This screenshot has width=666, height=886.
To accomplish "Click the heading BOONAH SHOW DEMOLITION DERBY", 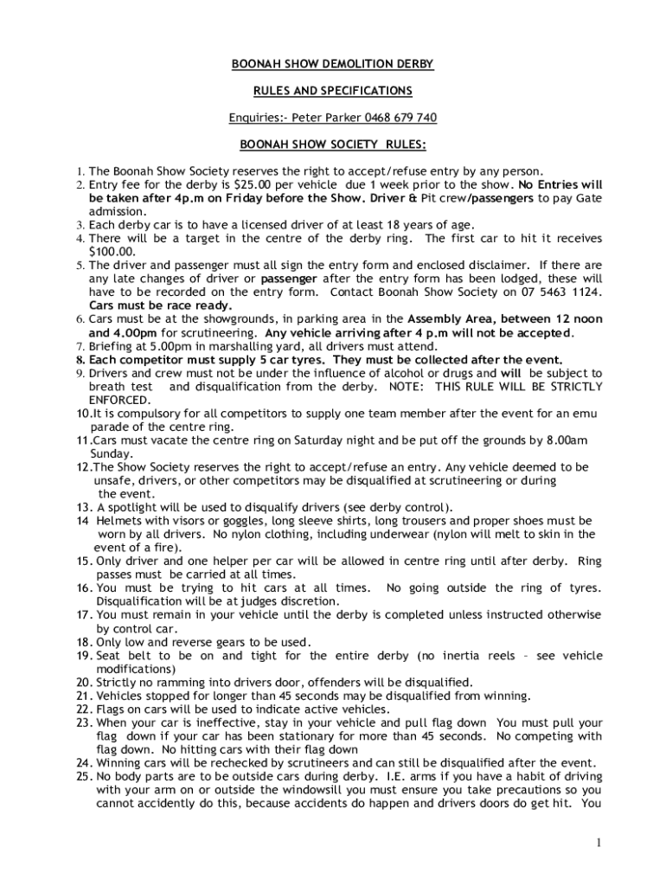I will [x=332, y=64].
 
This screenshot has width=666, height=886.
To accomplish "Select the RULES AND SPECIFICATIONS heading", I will [x=332, y=90].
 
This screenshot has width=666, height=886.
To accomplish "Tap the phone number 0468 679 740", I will [x=400, y=117].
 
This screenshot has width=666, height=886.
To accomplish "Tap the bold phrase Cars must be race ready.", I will [x=160, y=305].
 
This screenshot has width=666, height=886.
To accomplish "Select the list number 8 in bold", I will [x=80, y=359].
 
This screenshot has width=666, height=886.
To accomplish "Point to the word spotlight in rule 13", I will [x=136, y=506].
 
